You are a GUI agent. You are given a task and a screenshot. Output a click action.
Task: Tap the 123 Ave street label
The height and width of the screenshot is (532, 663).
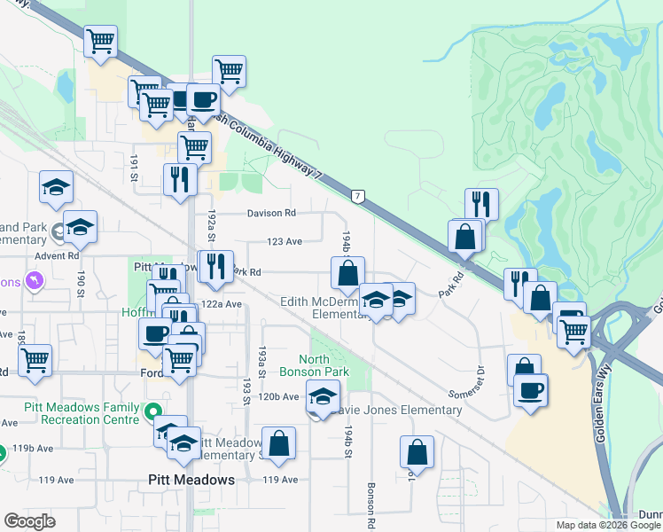coord(285,241)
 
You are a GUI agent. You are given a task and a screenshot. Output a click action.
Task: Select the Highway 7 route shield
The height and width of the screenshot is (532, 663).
coord(357,195)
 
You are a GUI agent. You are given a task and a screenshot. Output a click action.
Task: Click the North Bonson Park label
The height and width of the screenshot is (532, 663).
coord(323,365)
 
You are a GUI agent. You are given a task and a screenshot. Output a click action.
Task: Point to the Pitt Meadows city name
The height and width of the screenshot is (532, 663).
coord(191,480)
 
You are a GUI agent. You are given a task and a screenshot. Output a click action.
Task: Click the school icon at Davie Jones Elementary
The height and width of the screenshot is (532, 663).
coord(323,397)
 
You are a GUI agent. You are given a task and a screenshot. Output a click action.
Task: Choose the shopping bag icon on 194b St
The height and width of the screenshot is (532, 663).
coord(347,273)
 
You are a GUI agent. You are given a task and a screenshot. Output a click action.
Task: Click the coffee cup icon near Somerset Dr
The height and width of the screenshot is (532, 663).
coord(530,390)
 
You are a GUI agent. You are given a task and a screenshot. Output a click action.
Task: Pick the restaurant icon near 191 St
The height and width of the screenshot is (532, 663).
coord(180,179)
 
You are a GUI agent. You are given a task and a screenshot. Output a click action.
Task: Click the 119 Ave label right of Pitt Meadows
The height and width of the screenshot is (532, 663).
coord(281,480)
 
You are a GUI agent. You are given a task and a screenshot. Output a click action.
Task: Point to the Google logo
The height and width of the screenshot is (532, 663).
coord(29,520)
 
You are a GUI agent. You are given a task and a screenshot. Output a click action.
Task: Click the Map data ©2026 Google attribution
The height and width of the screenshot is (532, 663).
coord(607,525)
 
